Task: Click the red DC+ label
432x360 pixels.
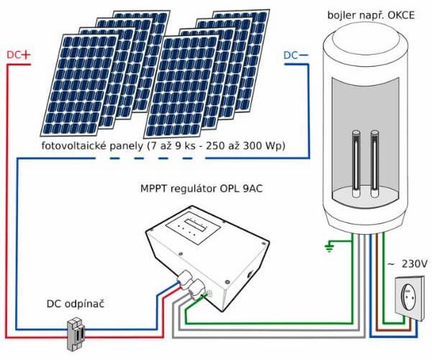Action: click(x=19, y=55)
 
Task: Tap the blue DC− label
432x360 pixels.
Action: click(x=297, y=55)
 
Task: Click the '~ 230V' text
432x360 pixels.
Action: click(x=406, y=264)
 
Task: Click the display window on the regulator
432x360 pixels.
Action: click(x=196, y=222)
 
